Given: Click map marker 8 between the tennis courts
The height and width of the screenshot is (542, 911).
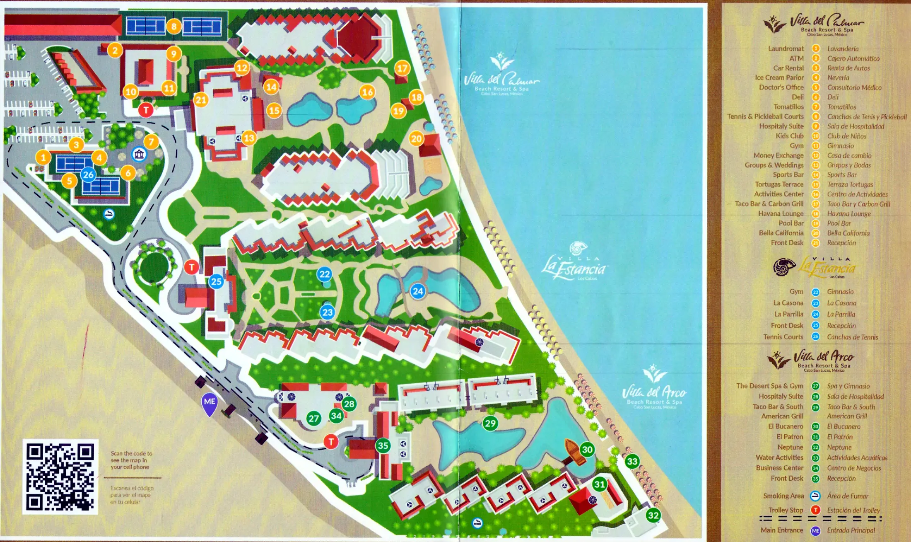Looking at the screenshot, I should point(174,27).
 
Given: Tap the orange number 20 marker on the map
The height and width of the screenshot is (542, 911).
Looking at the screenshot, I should point(417,139).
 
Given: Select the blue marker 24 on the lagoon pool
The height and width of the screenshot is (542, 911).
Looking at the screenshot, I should point(418,291).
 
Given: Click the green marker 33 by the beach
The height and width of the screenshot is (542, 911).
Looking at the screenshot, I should point(632,461).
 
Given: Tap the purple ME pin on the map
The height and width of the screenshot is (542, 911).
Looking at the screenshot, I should point(210,403).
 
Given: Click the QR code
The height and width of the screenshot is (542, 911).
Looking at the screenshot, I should point(60,477).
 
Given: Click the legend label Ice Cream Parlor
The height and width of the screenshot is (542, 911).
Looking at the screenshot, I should point(779,77).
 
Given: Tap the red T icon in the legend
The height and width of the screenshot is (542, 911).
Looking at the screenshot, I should point(815,510).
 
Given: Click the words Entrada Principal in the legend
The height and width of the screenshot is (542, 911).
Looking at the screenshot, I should point(851,530).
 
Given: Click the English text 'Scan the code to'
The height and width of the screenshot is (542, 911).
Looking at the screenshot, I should point(131,453).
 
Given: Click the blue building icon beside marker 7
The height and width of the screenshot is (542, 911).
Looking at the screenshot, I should point(139,155).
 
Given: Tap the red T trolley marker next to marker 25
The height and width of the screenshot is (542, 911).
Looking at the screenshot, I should point(191,267).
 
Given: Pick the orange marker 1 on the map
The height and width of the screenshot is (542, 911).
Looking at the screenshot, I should point(43,157).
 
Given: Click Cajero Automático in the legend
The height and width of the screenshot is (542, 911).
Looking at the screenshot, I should point(853,59).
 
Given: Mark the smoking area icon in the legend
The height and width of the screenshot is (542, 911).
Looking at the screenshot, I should point(815,496).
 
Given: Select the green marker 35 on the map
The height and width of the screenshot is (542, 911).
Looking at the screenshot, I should point(383,445).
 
